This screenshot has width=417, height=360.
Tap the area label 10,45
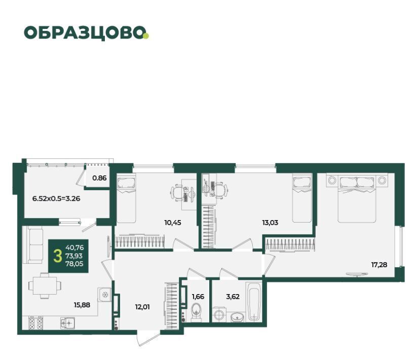click(173, 223)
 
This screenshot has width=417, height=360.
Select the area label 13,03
click(270, 223)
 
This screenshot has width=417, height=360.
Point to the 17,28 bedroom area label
click(379, 265)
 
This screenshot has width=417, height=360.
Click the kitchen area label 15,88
click(82, 305)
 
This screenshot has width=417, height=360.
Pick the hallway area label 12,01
click(142, 307)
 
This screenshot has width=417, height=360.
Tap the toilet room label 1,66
click(198, 297)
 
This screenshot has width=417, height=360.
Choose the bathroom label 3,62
click(233, 297)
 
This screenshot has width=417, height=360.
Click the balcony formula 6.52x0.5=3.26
click(56, 198)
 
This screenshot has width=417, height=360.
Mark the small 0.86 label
click(99, 178)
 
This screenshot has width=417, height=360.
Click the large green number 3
click(57, 256)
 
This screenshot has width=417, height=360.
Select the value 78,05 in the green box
click(74, 264)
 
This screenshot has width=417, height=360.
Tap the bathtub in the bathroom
click(254, 302)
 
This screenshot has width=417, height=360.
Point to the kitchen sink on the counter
click(67, 323)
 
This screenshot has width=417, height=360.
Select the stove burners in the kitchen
click(35, 323)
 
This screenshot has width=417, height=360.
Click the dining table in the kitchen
click(45, 285)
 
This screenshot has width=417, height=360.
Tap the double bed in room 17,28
click(357, 198)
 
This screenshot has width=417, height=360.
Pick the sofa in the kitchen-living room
click(34, 245)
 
